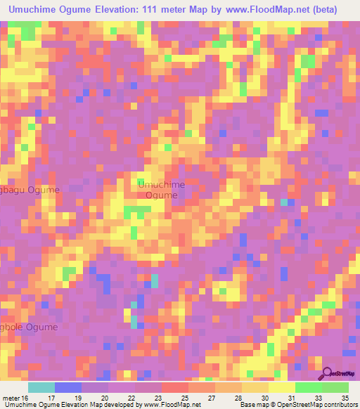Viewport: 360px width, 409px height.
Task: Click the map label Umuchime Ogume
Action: (162, 190)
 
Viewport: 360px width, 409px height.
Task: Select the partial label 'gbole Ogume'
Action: (29, 327)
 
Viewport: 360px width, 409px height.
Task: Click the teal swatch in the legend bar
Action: (41, 387)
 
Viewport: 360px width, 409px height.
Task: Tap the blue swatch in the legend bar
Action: (67, 387)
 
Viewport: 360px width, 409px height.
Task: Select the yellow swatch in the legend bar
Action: (281, 387)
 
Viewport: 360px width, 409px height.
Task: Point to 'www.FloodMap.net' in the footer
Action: (169, 404)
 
